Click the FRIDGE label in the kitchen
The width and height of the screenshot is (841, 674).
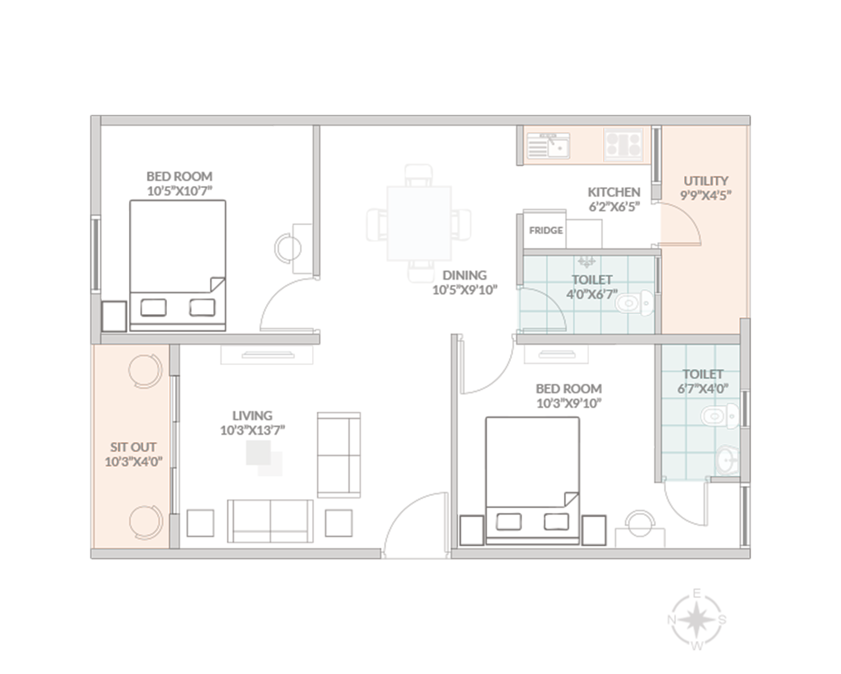tap(545, 230)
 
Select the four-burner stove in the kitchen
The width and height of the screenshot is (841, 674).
tap(623, 144)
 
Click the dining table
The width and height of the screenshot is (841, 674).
tap(419, 223)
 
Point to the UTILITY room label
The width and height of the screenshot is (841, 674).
tap(705, 181)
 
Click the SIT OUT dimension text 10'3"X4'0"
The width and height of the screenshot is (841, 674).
tap(133, 461)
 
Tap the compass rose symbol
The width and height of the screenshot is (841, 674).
tap(697, 619)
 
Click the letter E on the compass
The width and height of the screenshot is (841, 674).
tap(697, 593)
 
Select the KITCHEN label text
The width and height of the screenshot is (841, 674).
tap(613, 192)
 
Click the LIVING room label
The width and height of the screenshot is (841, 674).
tap(252, 416)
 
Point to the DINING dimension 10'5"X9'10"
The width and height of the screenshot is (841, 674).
tap(464, 290)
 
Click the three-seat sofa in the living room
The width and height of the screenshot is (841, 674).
tap(270, 521)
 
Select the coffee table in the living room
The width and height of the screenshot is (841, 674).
tap(264, 458)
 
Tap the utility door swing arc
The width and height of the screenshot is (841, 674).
tap(687, 215)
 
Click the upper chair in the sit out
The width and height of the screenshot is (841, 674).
tap(145, 371)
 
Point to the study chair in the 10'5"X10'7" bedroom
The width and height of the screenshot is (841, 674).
tap(288, 248)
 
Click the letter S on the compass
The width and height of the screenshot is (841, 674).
tap(722, 620)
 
